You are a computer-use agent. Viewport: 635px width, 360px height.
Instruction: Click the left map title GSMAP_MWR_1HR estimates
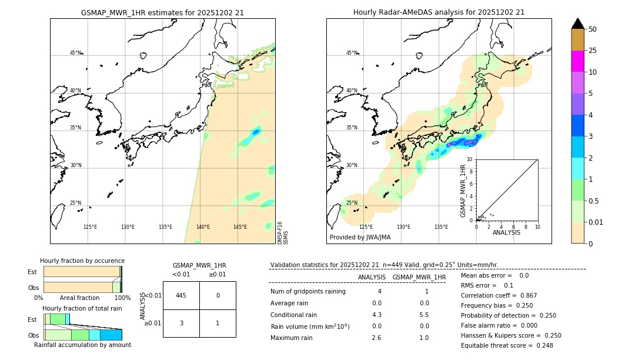coord(162,12)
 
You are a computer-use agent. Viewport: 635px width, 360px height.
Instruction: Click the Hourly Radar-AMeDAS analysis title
coord(439,12)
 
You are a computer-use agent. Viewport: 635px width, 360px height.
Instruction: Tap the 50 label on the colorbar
coord(593,29)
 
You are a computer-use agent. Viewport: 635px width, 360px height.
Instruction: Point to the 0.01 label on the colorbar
coord(596,222)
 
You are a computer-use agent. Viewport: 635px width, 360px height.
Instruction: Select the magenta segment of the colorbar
coord(577,61)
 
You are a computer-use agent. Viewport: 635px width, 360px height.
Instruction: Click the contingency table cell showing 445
coord(181,295)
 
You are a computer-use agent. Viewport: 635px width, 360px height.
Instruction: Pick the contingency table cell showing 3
coord(181,323)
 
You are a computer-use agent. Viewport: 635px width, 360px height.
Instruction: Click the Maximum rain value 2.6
coord(376,338)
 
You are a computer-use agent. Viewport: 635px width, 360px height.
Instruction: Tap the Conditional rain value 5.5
coord(424,315)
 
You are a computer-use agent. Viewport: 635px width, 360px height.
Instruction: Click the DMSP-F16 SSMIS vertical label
coord(282,232)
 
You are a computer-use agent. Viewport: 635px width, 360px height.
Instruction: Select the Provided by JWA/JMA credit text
coord(360,238)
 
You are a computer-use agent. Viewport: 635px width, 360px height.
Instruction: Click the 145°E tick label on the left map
coord(240,227)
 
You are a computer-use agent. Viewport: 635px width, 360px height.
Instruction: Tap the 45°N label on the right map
coord(351,53)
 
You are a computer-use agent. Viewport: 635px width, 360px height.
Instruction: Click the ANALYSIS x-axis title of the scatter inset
coord(506,232)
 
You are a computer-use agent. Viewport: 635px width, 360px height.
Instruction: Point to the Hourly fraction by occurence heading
coord(82,261)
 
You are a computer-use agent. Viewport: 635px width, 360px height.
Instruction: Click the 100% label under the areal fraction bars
coord(122,298)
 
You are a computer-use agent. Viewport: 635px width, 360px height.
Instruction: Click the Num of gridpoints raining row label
coord(308,292)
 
